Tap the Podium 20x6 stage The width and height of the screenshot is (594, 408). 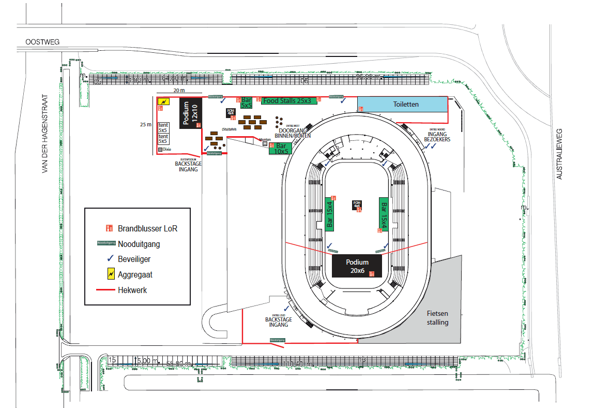click(x=357, y=266)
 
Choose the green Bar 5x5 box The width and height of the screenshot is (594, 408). click(x=247, y=103)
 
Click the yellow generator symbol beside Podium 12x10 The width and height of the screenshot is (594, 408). click(x=163, y=101)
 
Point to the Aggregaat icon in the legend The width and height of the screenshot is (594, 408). click(x=110, y=274)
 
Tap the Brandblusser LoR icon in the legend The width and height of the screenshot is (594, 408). click(x=109, y=228)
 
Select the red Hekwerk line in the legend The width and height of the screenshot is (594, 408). click(x=106, y=290)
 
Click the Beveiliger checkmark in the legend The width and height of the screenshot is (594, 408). click(x=110, y=258)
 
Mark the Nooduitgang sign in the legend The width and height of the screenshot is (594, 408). click(x=106, y=243)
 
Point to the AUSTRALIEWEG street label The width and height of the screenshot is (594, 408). click(x=558, y=154)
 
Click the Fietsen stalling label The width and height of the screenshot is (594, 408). click(x=438, y=318)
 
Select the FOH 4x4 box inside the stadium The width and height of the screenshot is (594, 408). click(x=357, y=205)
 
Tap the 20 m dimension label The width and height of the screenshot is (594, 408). click(x=179, y=90)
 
